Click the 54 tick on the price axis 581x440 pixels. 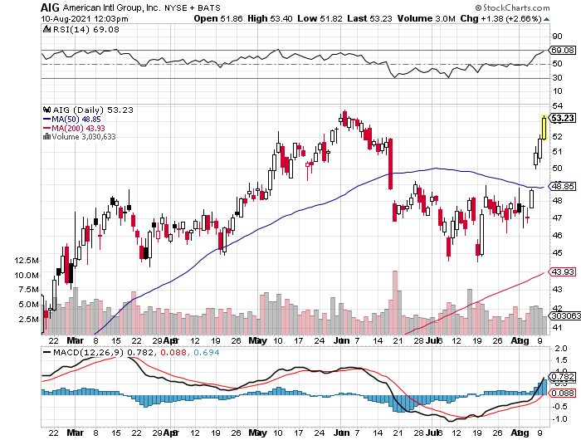pyautogui.click(x=558, y=106)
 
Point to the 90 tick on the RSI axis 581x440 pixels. pyautogui.click(x=558, y=37)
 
